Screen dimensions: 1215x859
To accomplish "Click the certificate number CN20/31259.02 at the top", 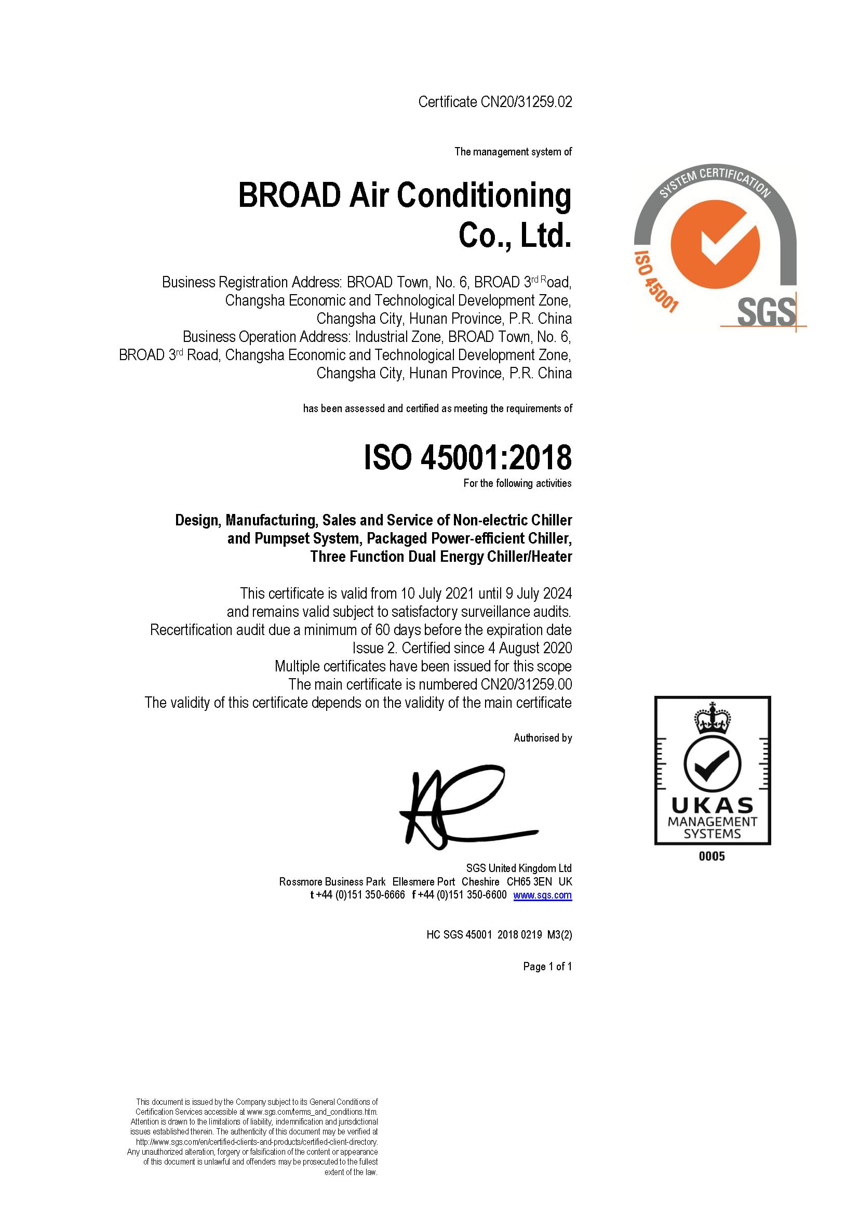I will (x=526, y=102).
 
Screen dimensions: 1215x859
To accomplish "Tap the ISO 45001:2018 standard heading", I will (x=467, y=458).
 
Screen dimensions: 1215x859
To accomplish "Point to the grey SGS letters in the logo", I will (x=766, y=312).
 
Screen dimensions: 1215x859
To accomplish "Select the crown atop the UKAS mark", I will (x=713, y=718).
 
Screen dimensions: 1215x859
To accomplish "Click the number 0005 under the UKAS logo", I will (x=712, y=856).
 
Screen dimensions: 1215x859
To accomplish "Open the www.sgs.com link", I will (x=542, y=895).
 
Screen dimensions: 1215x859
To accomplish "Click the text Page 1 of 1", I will (x=547, y=966).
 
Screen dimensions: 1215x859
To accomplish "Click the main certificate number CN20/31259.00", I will (x=526, y=685).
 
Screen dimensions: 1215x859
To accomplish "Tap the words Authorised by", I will (x=543, y=738).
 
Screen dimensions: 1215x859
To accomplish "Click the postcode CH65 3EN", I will (x=529, y=881).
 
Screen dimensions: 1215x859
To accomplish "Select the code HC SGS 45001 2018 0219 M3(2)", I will (x=499, y=934).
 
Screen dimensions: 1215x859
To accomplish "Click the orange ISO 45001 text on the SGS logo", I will (x=655, y=282).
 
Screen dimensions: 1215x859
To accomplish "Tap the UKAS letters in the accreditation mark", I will (x=712, y=806).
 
